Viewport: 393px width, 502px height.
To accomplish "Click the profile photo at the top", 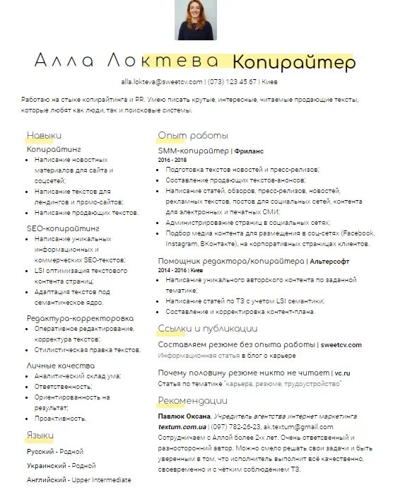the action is [x=196, y=21].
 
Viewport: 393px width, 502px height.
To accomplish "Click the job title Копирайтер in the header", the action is [x=294, y=63].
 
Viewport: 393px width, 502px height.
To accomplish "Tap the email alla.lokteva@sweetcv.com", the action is [x=162, y=82].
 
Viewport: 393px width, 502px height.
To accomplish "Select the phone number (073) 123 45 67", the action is [x=233, y=82].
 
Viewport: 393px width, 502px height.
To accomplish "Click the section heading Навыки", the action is [x=44, y=135].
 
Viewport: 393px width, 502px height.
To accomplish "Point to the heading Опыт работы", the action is [x=193, y=135].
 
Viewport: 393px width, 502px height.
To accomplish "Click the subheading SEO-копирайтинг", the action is [x=63, y=229].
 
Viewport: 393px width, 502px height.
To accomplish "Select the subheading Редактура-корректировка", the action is [x=80, y=318].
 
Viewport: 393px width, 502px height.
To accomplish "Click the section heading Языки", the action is [x=40, y=435].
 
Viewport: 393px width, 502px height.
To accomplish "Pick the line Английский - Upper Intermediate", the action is [x=78, y=480].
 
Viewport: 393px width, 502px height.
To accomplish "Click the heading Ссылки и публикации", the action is [x=207, y=329].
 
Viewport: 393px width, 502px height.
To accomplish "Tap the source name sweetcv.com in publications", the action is [x=341, y=344].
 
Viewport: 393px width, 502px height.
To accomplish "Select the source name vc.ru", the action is [x=343, y=372].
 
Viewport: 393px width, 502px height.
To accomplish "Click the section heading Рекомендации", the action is [x=192, y=402].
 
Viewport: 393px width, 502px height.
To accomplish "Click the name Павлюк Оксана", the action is [x=184, y=417].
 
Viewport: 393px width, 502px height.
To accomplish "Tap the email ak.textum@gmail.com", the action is [x=298, y=427].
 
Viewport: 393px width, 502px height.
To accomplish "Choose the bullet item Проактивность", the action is [x=60, y=419].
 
